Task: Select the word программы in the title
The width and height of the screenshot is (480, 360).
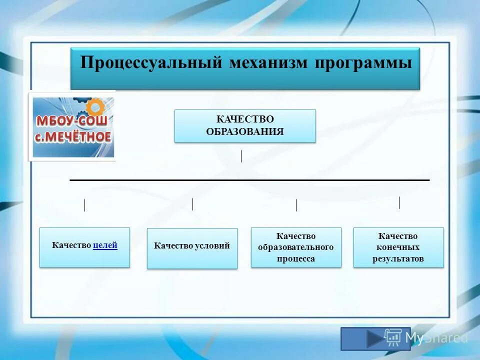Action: [x=363, y=63]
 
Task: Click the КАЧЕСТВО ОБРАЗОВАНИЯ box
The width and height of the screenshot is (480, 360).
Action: [x=245, y=126]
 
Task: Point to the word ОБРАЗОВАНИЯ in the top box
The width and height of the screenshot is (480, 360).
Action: [x=245, y=132]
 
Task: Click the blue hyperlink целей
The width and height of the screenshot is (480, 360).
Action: [x=105, y=245]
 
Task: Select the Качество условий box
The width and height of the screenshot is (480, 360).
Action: [x=192, y=248]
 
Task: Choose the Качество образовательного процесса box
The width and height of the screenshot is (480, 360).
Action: [x=296, y=247]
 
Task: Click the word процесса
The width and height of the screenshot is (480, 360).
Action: [x=296, y=258]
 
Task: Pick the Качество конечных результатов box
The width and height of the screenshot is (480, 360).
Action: [x=398, y=247]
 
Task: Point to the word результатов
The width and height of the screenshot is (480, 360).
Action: [x=398, y=258]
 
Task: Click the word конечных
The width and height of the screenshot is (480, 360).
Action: [x=398, y=247]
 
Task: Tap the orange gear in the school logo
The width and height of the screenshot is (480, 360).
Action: [x=95, y=107]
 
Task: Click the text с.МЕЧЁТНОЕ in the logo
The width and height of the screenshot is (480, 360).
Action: [x=73, y=136]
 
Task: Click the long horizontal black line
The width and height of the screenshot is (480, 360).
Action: [x=250, y=179]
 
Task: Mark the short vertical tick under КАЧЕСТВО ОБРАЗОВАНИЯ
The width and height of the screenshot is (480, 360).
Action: [x=241, y=156]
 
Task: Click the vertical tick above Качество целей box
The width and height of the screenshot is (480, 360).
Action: [x=84, y=205]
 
